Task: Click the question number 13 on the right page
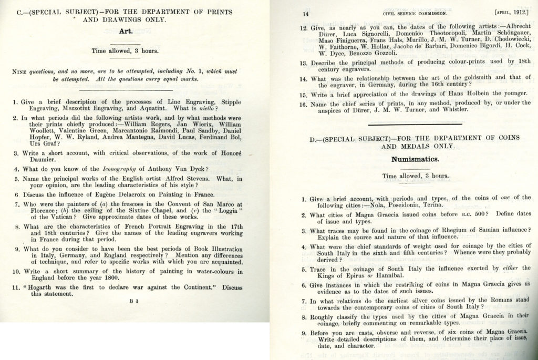coord(304,63)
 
